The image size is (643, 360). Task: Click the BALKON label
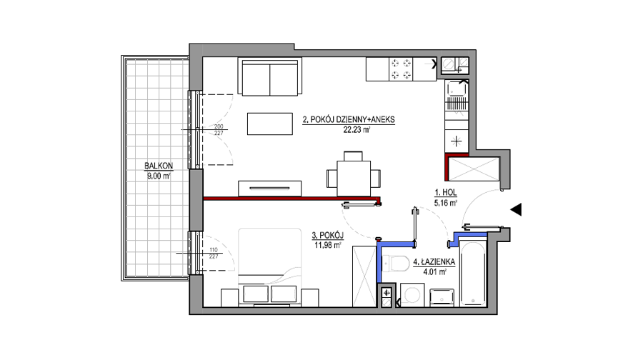(x=159, y=166)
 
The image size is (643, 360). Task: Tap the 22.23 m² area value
(x=357, y=130)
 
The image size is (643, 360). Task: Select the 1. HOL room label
(x=446, y=192)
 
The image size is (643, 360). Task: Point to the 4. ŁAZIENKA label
(x=434, y=261)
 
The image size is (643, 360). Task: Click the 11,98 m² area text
(x=328, y=245)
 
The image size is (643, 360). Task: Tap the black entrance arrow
(x=516, y=209)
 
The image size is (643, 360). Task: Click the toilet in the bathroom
(x=394, y=264)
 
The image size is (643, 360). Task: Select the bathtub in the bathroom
(x=473, y=274)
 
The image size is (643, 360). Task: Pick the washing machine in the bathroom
(x=412, y=295)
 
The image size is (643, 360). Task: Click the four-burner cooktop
(x=401, y=69)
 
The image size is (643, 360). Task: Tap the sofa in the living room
(x=270, y=76)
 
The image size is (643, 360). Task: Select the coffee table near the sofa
(x=270, y=124)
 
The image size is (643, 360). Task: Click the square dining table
(x=354, y=179)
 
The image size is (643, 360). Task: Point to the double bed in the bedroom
(x=270, y=267)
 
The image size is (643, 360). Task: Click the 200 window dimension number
(x=219, y=126)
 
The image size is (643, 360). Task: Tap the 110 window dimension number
(x=213, y=250)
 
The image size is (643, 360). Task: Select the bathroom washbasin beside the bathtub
(x=442, y=297)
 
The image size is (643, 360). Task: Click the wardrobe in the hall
(x=474, y=169)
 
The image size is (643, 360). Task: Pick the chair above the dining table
(x=353, y=156)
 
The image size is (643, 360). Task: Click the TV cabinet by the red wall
(x=270, y=189)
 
